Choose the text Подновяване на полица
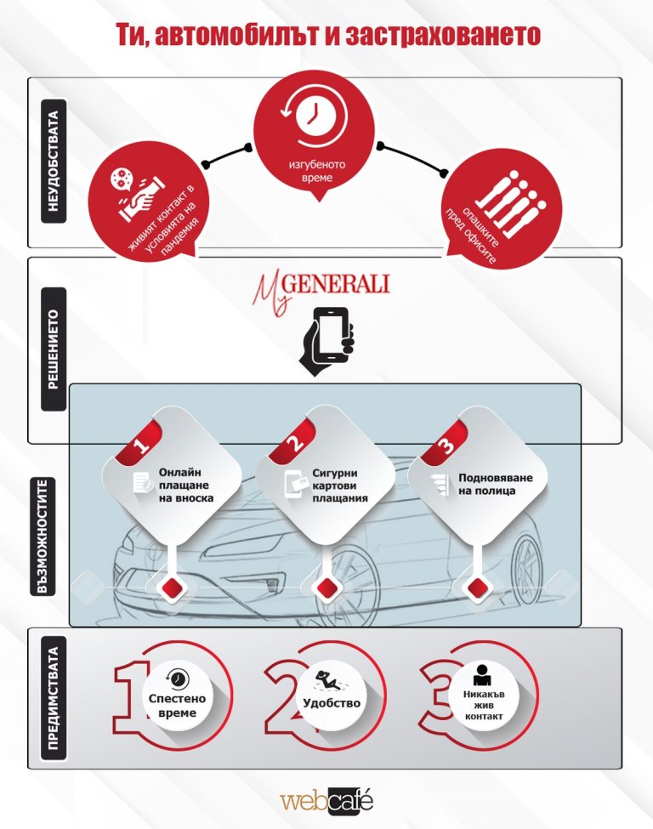pos(495,485)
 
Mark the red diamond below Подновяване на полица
pos(477,587)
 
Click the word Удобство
pos(332,703)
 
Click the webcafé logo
pos(326,801)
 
